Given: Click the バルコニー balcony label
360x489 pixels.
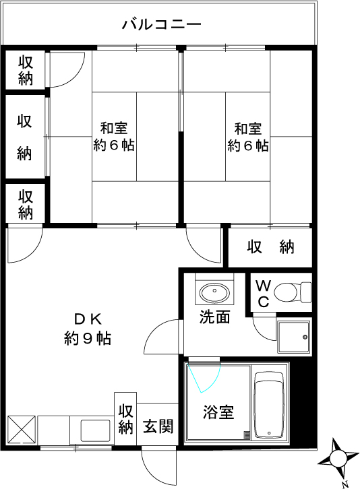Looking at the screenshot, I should [161, 26].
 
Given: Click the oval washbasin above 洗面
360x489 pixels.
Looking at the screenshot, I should [214, 292].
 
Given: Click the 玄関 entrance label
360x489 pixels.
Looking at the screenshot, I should [159, 426].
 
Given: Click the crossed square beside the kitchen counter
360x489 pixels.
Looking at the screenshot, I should [20, 429].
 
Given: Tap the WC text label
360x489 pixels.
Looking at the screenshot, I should [263, 294].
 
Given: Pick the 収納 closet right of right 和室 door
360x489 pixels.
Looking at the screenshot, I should [270, 247].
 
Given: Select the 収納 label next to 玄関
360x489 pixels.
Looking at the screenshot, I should [126, 418].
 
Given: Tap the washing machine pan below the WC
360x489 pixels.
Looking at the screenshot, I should [294, 336].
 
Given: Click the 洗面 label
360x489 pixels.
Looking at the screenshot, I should [214, 317].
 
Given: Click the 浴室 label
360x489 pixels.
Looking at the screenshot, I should [218, 412].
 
